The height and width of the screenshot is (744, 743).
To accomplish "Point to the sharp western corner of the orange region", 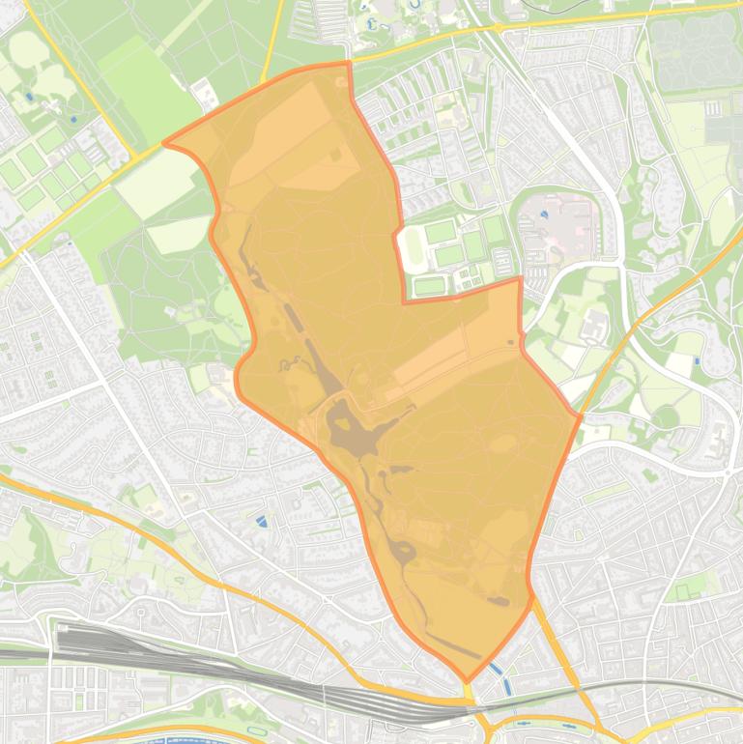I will (x=163, y=143).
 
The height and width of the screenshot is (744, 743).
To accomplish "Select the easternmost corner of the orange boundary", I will (x=580, y=416).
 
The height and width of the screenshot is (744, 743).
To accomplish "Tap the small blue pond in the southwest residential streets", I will (x=262, y=522).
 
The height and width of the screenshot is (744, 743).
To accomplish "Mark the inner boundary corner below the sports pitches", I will (x=405, y=301).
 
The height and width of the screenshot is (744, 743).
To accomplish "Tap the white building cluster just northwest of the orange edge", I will (x=206, y=94).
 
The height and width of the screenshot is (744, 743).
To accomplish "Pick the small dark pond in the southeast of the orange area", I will (x=500, y=601).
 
